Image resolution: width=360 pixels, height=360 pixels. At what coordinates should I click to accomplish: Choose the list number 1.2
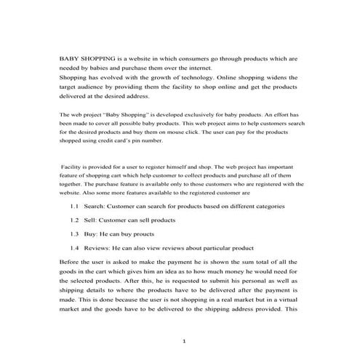point(75,219)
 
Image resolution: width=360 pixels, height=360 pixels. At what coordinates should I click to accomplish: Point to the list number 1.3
point(75,233)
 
